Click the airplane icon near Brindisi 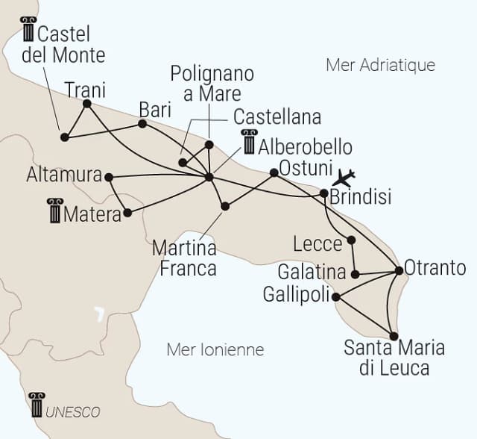tap(344, 178)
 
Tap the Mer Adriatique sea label tap(380, 65)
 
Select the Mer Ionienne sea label tap(215, 349)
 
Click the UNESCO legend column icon tap(36, 405)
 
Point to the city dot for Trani tap(86, 104)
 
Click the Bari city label tap(155, 109)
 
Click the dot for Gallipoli tap(335, 297)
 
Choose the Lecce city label tap(318, 243)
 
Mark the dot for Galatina tap(356, 274)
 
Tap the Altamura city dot tap(109, 177)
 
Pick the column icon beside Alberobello tap(248, 142)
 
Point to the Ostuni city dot tap(274, 172)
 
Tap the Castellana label tap(277, 117)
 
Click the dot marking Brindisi tap(323, 193)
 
